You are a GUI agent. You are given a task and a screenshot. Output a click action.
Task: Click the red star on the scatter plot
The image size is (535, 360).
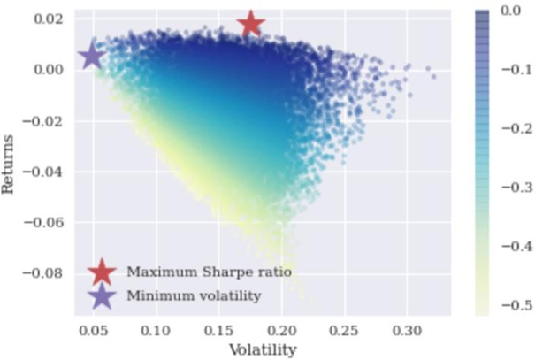[251, 24]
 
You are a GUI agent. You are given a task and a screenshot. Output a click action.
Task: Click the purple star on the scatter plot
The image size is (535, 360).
[92, 57]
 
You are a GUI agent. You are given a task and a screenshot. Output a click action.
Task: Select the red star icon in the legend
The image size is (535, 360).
[103, 272]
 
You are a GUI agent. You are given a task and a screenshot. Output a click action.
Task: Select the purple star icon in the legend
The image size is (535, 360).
[103, 295]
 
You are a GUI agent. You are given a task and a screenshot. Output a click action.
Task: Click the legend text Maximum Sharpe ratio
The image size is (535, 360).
[209, 272]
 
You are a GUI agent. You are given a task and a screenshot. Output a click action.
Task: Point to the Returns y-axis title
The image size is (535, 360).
[11, 164]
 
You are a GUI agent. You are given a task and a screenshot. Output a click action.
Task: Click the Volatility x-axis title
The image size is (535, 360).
[263, 349]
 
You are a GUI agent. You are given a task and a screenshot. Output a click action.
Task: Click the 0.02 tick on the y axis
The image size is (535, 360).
[50, 19]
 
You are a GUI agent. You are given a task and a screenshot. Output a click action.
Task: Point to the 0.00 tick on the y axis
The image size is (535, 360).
[50, 69]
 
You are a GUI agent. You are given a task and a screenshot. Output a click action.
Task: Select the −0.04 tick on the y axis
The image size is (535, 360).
[46, 171]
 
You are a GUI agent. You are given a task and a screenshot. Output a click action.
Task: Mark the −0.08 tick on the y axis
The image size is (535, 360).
[46, 272]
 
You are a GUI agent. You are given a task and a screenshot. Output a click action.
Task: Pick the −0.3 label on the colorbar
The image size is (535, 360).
[508, 188]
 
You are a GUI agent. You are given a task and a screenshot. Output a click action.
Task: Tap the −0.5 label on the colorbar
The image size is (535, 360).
[508, 305]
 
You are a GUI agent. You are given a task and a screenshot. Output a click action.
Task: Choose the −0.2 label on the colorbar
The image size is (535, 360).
[508, 129]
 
